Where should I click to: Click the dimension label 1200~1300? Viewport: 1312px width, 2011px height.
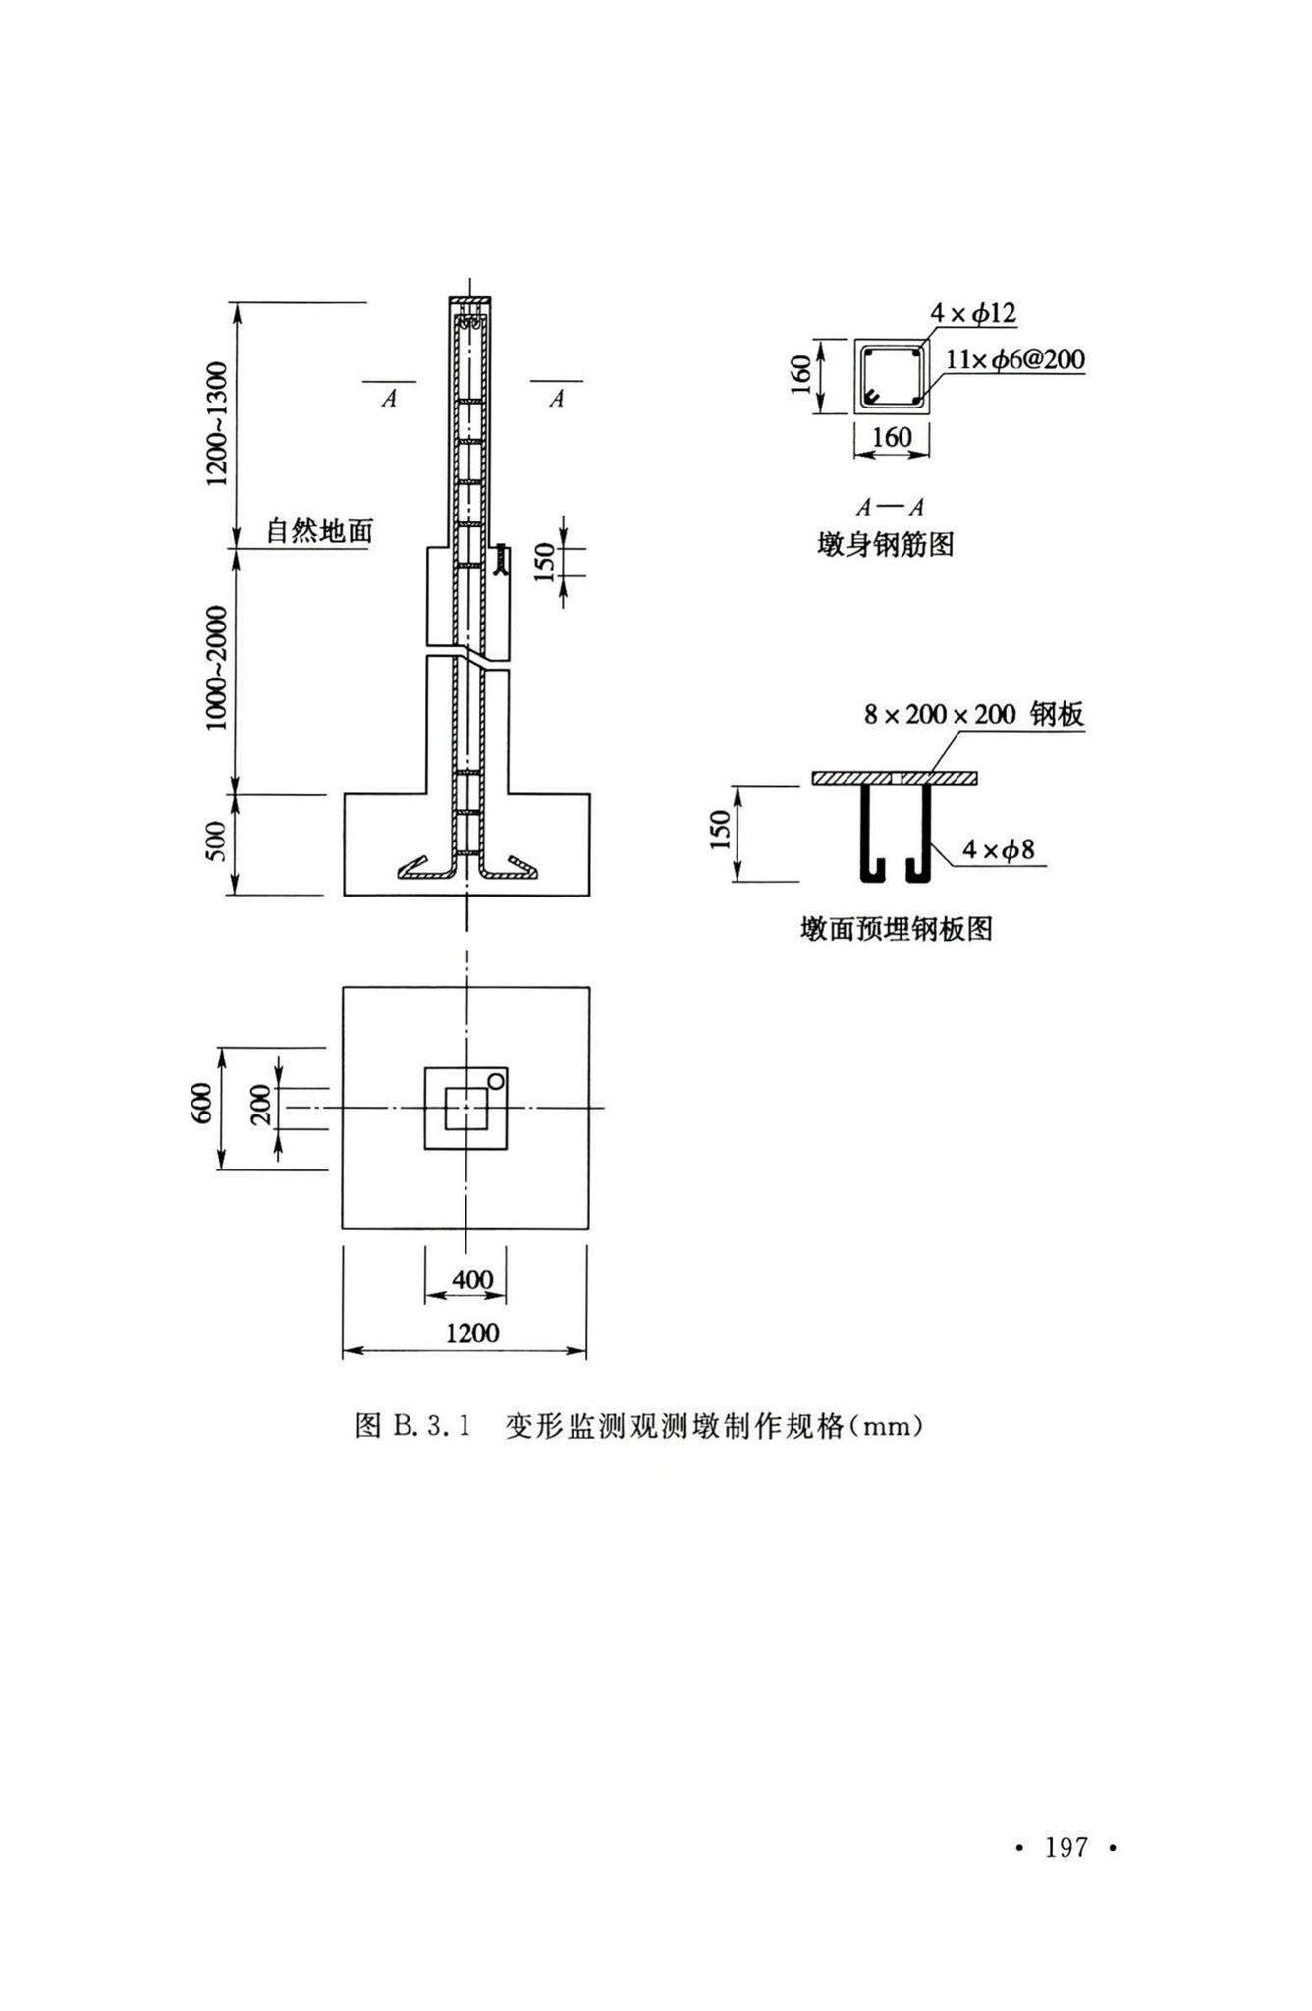pyautogui.click(x=217, y=423)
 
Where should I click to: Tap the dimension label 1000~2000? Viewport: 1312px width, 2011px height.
pyautogui.click(x=217, y=668)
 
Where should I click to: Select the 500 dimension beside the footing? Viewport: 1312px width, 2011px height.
pyautogui.click(x=217, y=841)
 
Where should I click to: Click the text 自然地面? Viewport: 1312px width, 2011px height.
pyautogui.click(x=320, y=531)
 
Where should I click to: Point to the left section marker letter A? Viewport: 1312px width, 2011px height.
pyautogui.click(x=389, y=400)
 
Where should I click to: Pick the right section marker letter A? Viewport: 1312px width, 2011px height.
pyautogui.click(x=556, y=400)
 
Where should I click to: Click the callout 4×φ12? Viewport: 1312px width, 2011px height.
pyautogui.click(x=974, y=314)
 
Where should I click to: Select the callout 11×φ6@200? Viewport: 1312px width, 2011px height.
pyautogui.click(x=1015, y=359)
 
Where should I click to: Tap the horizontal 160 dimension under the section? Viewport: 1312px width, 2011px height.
pyautogui.click(x=892, y=437)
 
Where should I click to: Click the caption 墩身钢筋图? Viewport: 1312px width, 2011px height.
pyautogui.click(x=886, y=544)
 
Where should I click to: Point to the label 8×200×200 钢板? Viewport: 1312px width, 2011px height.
pyautogui.click(x=974, y=714)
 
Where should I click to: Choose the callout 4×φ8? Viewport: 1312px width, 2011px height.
pyautogui.click(x=998, y=849)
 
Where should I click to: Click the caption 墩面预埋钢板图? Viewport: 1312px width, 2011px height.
pyautogui.click(x=897, y=928)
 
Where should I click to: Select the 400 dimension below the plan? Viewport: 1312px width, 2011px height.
pyautogui.click(x=472, y=1280)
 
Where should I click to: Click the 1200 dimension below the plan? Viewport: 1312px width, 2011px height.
pyautogui.click(x=472, y=1332)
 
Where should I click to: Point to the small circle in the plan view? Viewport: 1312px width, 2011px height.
pyautogui.click(x=496, y=1081)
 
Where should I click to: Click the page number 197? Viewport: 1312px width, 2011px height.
pyautogui.click(x=1066, y=1847)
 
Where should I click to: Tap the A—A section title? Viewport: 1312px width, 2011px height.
pyautogui.click(x=890, y=508)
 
